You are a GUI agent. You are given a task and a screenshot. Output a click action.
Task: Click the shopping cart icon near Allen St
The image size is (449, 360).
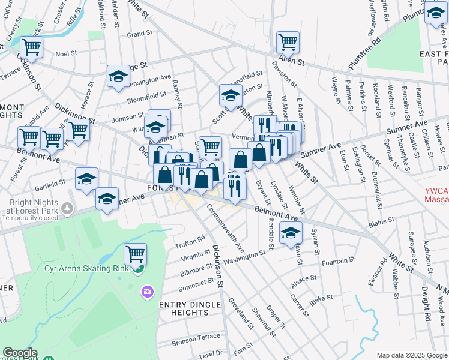pyautogui.click(x=288, y=42)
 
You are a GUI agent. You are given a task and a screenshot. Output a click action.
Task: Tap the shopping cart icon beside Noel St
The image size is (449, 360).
pyautogui.click(x=31, y=46)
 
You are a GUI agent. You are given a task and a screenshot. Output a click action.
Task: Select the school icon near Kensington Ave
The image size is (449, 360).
pyautogui.click(x=119, y=76)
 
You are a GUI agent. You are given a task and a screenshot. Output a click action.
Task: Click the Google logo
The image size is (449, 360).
pyautogui.click(x=20, y=353)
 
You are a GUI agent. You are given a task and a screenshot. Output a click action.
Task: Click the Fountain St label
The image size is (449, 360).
pyautogui.click(x=339, y=261)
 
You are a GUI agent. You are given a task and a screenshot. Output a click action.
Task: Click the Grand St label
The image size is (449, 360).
pyautogui.click(x=139, y=34)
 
